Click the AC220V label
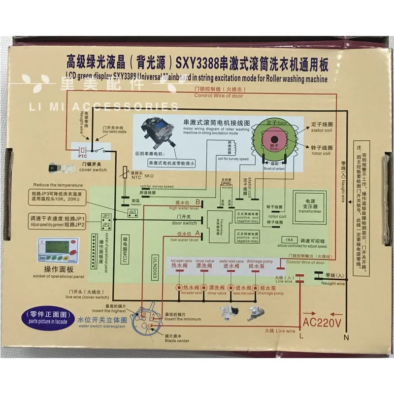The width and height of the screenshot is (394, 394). point(322,323)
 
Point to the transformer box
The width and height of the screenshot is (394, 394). point(310,207)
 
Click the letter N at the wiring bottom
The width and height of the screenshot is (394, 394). point(346,337)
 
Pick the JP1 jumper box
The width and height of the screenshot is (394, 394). point(106,216)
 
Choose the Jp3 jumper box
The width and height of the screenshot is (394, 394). point(132,212)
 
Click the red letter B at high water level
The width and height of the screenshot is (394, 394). point(198,202)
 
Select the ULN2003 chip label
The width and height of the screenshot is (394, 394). point(154,269)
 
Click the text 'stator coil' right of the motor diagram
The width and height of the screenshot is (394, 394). point(322,129)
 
